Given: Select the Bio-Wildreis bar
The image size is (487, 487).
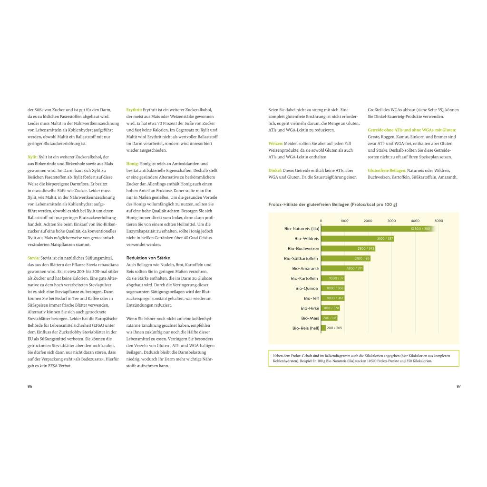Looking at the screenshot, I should click(358, 239).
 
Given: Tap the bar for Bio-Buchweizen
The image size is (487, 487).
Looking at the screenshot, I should click(349, 249).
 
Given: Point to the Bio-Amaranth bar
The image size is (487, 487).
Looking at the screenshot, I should click(342, 268).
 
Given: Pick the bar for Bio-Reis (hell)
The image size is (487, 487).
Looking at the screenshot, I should click(324, 328).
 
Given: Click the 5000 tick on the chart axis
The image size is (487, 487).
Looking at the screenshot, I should click(438, 221).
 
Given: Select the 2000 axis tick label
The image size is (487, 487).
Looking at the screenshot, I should click(368, 221).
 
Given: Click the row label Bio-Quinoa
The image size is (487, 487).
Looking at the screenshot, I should click(307, 288).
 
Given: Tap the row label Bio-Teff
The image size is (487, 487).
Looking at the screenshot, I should click(312, 298).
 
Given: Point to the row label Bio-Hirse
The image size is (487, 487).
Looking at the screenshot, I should click(310, 308).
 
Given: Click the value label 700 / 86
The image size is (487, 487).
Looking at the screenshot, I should click(330, 318).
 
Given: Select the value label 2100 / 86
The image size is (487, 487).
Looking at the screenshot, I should click(362, 258).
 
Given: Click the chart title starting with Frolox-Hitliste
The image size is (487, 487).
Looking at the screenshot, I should click(332, 205).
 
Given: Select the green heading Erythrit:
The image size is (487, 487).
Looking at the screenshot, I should click(134, 110).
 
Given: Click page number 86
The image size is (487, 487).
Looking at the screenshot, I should click(30, 386).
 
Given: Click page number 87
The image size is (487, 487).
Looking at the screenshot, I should click(458, 386).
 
